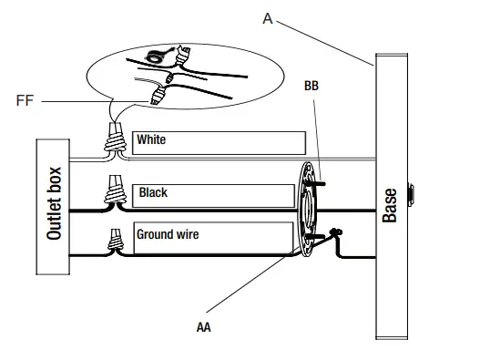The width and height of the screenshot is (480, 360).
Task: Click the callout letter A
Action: (x=267, y=19)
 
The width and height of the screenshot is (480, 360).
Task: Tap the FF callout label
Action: (x=25, y=100)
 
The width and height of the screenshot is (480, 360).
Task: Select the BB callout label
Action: (x=311, y=86)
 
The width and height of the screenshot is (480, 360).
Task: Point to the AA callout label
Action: (x=204, y=327)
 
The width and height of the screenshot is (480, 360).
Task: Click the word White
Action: (x=151, y=139)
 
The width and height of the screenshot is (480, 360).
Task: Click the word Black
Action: (x=153, y=192)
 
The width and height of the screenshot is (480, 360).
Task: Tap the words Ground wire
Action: (x=168, y=234)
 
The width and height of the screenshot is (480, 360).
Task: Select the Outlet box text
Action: (x=54, y=203)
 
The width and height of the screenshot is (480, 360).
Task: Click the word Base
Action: (x=390, y=205)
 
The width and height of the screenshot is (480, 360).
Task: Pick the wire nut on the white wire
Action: (x=116, y=138)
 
